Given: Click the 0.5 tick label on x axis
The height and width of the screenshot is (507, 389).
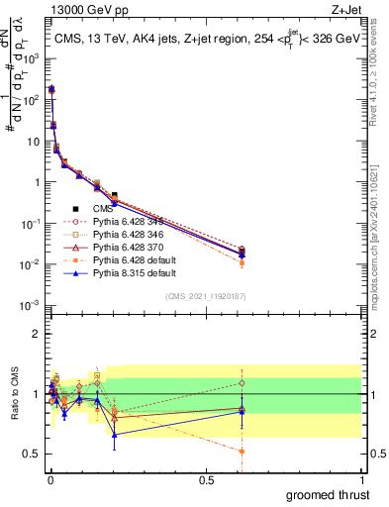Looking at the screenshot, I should point(206,478).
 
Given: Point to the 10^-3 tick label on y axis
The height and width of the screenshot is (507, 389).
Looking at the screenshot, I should point(30,306).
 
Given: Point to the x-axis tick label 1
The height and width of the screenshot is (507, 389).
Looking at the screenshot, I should point(361,478).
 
